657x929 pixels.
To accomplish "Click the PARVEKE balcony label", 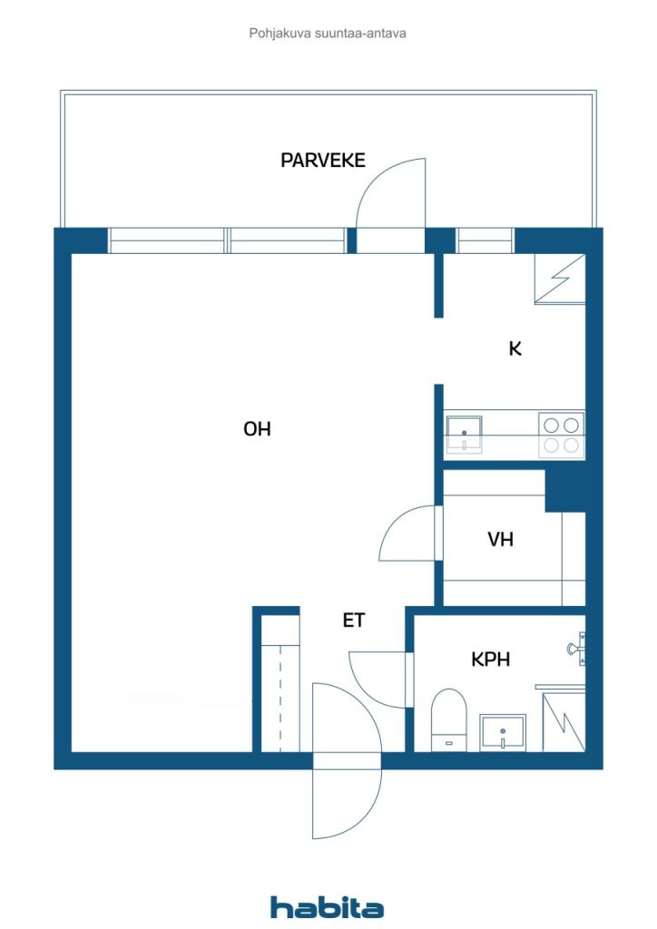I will point(322,161).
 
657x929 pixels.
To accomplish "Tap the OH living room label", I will point(257,429).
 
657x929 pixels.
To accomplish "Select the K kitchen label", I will point(515,348).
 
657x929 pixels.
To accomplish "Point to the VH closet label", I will point(500,540).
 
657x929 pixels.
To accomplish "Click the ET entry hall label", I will point(353,621).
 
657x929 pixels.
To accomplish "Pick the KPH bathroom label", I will point(490,660).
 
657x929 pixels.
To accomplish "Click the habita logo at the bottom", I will point(327,906).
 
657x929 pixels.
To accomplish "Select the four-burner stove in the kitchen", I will point(561,434).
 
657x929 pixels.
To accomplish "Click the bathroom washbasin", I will point(503,731).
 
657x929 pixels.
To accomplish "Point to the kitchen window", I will point(485,240).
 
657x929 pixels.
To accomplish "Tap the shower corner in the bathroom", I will point(564,721).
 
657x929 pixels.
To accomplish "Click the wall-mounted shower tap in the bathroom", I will point(574,648).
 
